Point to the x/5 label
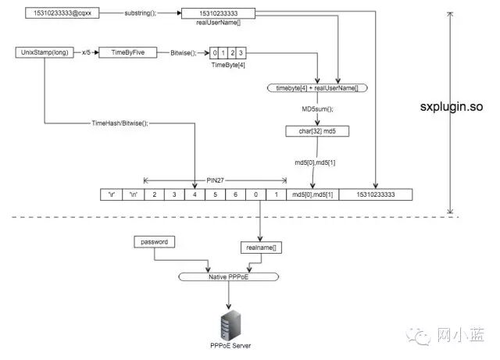point(86,52)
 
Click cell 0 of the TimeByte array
point(215,53)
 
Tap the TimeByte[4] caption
point(229,66)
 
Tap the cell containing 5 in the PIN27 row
point(214,194)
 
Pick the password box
point(154,242)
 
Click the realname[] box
point(259,248)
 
